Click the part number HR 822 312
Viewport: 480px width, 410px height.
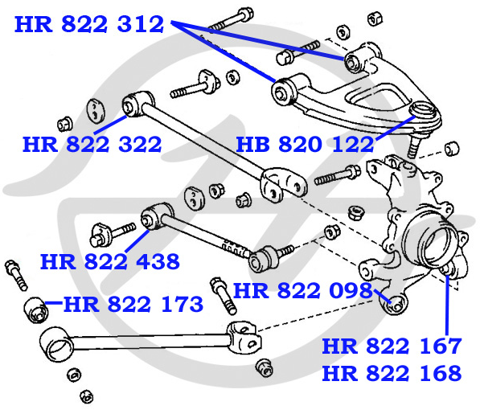click(89, 24)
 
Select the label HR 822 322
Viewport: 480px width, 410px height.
click(92, 145)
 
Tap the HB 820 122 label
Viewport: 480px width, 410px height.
click(306, 145)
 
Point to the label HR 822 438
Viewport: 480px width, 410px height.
click(109, 261)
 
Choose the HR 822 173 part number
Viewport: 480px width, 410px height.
click(133, 305)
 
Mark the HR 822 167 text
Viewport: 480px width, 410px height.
click(392, 346)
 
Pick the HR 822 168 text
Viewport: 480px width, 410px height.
click(392, 373)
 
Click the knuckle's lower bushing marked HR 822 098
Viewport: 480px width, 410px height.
click(394, 304)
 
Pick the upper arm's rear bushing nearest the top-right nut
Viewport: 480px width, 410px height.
click(357, 60)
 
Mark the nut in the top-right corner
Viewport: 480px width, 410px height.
click(374, 17)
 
